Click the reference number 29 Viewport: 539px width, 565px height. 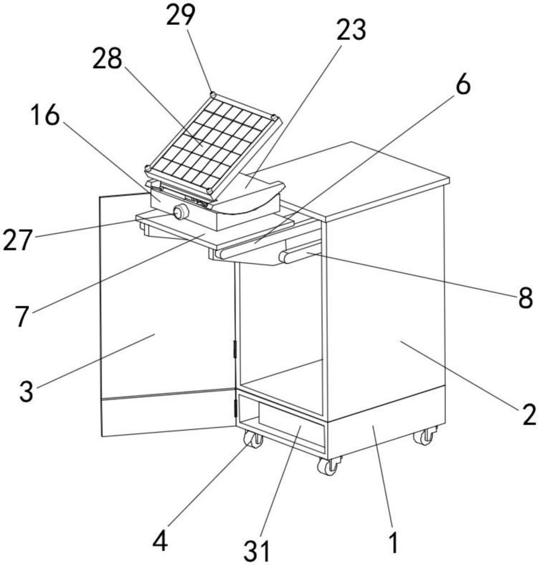tap(180, 15)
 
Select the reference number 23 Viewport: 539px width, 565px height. tap(351, 29)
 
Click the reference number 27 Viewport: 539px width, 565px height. tap(17, 240)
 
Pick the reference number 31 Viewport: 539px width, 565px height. tap(257, 550)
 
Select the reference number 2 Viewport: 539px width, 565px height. tap(529, 414)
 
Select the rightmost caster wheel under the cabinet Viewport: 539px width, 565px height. tap(425, 436)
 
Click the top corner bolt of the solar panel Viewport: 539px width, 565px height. tap(213, 95)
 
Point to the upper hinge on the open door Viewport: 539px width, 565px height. tap(235, 349)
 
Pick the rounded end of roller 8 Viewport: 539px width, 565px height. tap(284, 257)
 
